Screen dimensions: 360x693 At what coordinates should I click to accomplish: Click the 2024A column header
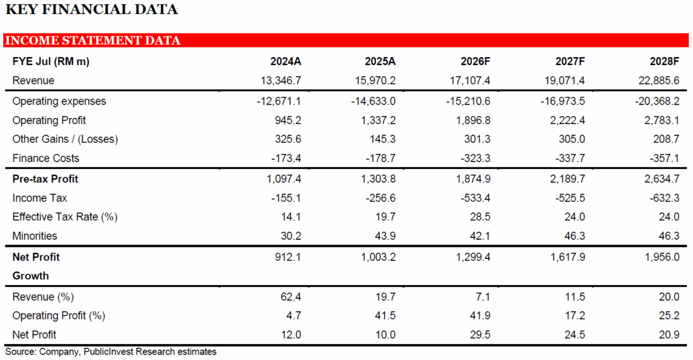click(x=286, y=61)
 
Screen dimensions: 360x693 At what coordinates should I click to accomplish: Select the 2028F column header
click(x=664, y=61)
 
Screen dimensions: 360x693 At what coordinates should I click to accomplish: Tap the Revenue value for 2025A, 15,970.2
click(x=375, y=80)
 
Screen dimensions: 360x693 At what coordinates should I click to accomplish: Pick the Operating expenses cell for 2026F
click(x=467, y=101)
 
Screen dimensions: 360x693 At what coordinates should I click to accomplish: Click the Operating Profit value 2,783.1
click(x=659, y=120)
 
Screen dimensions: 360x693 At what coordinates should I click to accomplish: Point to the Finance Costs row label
click(x=46, y=158)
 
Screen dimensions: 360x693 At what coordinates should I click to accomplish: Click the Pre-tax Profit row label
click(x=46, y=179)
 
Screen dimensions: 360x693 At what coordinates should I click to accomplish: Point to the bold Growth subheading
click(x=30, y=275)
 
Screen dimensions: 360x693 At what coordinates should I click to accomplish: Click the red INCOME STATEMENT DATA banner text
click(x=92, y=41)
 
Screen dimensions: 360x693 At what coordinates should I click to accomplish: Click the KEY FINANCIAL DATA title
click(x=91, y=10)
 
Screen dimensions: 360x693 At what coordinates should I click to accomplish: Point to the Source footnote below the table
click(x=111, y=351)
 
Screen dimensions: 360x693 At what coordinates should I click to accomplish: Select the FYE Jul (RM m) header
click(x=51, y=61)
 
